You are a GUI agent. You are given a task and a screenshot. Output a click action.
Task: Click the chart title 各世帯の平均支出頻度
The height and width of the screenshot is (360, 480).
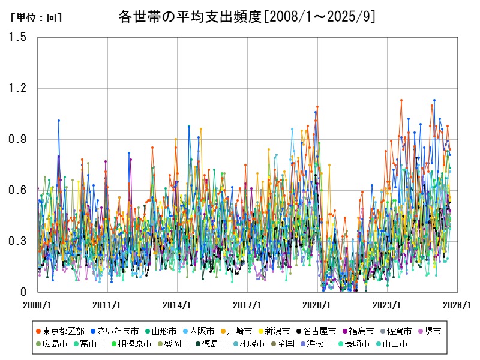click(247, 17)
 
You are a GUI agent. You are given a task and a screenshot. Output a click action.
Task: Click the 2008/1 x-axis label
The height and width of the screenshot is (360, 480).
click(37, 305)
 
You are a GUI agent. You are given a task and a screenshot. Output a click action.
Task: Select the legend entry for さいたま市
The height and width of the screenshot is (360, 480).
click(114, 331)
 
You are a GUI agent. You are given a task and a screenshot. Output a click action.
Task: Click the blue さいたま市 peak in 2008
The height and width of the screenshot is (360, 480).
click(59, 121)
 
